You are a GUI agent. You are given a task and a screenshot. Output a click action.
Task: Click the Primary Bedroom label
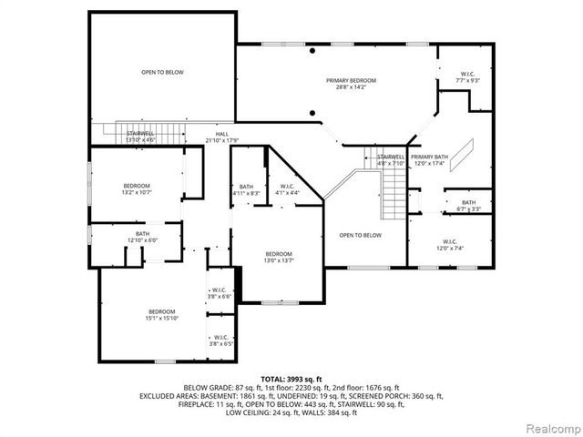click(x=351, y=84)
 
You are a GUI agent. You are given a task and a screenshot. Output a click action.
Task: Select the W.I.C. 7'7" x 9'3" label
click(x=467, y=77)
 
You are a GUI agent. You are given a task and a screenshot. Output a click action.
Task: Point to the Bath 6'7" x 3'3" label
click(x=468, y=206)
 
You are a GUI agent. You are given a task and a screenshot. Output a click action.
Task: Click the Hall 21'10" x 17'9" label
click(x=221, y=137)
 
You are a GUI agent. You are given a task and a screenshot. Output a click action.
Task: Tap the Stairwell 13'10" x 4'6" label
click(x=140, y=137)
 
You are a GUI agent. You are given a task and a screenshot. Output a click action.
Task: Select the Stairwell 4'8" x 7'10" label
click(x=390, y=160)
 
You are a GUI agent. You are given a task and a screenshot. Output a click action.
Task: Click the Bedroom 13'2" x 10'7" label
click(x=136, y=188)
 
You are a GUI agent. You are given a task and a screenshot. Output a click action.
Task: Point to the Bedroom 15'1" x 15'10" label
click(x=162, y=314)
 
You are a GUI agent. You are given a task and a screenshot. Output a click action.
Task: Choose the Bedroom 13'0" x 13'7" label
click(x=279, y=257)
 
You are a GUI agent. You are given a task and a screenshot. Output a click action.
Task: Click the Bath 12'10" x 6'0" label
click(x=142, y=237)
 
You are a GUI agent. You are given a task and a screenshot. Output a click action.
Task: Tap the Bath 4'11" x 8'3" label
click(x=246, y=189)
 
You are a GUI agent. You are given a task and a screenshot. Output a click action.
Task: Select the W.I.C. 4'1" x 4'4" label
click(x=287, y=189)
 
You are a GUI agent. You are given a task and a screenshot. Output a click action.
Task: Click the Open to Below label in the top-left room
click(x=162, y=71)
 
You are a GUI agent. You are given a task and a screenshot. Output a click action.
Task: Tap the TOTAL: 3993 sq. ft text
click(x=292, y=378)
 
